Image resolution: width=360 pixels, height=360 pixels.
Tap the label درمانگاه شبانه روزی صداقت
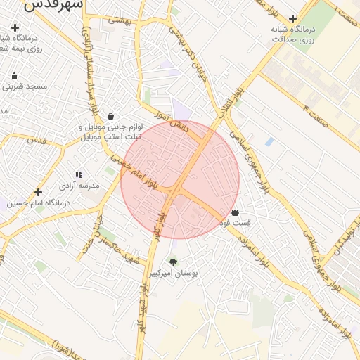coord(292,35)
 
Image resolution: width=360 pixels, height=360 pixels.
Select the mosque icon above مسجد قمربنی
coord(14,75)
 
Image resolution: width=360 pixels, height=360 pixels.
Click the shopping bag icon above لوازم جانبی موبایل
coord(111,117)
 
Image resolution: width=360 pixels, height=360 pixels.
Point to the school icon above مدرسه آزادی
coord(79,174)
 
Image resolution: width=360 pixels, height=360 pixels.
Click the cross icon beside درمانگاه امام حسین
coord(39,192)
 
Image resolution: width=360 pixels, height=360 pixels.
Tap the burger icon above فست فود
coord(235,212)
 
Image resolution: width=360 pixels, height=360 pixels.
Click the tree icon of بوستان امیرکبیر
coord(173,262)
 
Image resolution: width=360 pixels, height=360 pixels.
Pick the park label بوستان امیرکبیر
coord(173,273)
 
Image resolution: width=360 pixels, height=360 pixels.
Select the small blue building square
coord(269,142)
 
